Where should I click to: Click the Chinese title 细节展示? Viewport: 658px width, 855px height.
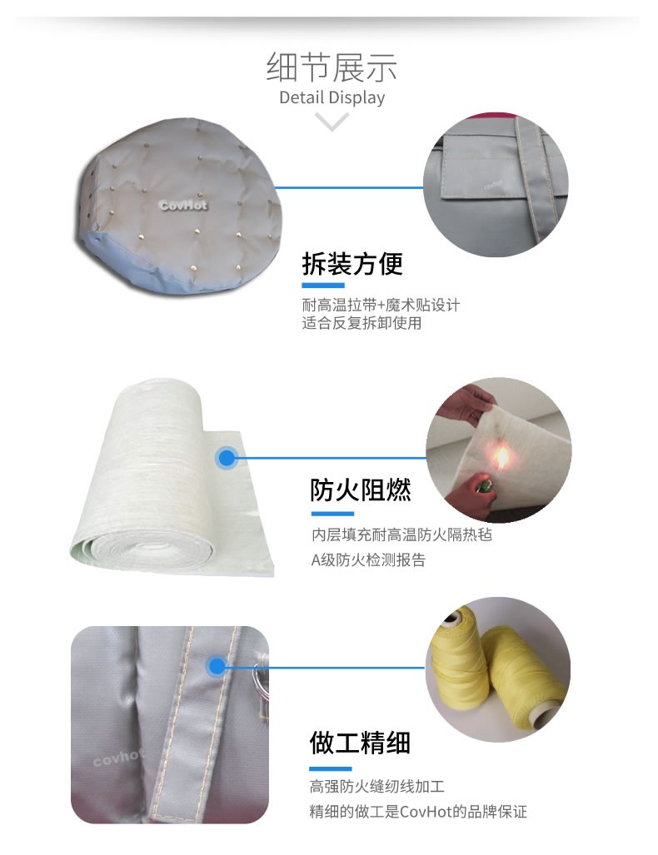click(331, 67)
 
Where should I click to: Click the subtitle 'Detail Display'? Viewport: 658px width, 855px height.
click(331, 97)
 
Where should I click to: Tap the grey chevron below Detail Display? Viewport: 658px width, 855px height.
click(331, 121)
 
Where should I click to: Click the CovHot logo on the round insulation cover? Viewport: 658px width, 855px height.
click(183, 206)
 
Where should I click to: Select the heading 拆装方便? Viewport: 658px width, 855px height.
click(352, 264)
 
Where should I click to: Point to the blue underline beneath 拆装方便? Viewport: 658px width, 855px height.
click(323, 286)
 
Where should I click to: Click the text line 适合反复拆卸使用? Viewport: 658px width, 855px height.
click(361, 323)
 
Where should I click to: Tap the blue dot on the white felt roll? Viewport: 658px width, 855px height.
click(227, 458)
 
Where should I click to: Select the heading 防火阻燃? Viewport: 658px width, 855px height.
click(360, 490)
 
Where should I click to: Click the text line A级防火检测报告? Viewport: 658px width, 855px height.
click(368, 560)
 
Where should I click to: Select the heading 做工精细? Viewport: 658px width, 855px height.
click(360, 743)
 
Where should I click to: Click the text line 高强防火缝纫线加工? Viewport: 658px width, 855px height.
click(377, 787)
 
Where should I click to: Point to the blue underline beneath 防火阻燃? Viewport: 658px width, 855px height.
click(333, 514)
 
